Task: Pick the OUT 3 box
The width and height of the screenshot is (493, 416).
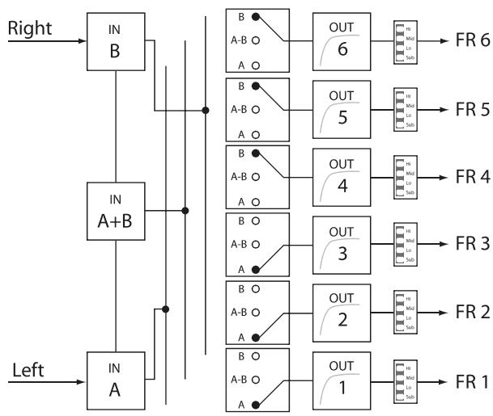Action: (x=341, y=244)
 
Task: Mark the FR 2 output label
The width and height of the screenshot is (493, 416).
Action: (x=473, y=312)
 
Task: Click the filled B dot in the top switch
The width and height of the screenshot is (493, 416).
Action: (x=257, y=17)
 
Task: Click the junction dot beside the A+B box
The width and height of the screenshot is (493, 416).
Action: (x=186, y=211)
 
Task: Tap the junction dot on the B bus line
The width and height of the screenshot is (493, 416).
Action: (x=207, y=110)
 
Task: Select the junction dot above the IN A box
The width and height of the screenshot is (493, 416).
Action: (x=166, y=308)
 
